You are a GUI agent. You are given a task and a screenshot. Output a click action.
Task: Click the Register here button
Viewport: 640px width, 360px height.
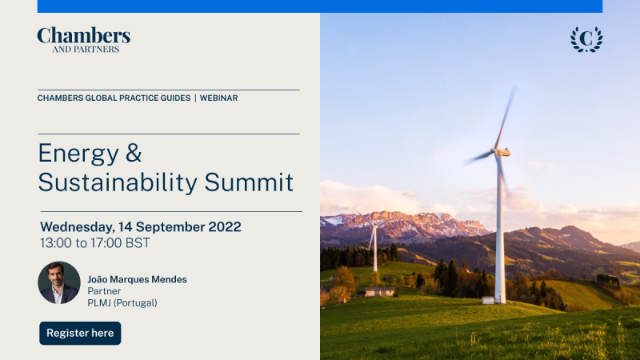point(80,333)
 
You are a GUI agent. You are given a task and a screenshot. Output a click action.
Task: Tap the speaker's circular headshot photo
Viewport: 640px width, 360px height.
point(59,283)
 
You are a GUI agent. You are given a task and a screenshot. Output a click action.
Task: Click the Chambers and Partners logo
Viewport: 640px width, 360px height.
point(84,40)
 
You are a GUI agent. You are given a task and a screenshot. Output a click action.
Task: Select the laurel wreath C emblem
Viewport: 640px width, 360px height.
point(586,39)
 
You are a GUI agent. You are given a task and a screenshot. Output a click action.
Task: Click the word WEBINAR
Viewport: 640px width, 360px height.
point(218,98)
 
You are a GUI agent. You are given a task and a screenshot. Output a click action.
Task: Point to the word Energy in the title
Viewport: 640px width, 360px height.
point(78,154)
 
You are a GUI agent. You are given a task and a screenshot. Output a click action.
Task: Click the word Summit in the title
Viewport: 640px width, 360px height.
point(249,182)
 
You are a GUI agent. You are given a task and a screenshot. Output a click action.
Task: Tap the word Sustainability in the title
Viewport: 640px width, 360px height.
point(118,183)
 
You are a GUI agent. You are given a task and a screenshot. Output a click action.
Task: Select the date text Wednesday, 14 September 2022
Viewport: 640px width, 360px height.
point(141,227)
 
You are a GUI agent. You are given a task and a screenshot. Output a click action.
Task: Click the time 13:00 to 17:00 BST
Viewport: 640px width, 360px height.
point(95,243)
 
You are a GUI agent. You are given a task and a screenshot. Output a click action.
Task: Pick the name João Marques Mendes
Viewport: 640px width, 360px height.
point(137,279)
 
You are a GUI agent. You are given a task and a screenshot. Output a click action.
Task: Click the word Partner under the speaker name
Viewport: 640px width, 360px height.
point(104,291)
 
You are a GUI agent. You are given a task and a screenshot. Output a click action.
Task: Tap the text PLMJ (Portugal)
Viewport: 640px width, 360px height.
point(122,303)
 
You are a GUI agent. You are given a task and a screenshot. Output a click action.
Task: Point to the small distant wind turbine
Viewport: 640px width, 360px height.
point(374,241)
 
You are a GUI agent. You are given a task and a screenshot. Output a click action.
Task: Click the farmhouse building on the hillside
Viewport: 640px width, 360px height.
point(379,291)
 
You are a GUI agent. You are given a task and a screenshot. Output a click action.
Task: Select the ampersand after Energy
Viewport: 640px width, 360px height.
point(134,153)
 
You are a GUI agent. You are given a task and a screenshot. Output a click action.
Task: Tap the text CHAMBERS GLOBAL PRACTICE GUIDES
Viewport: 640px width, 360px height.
point(114,98)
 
